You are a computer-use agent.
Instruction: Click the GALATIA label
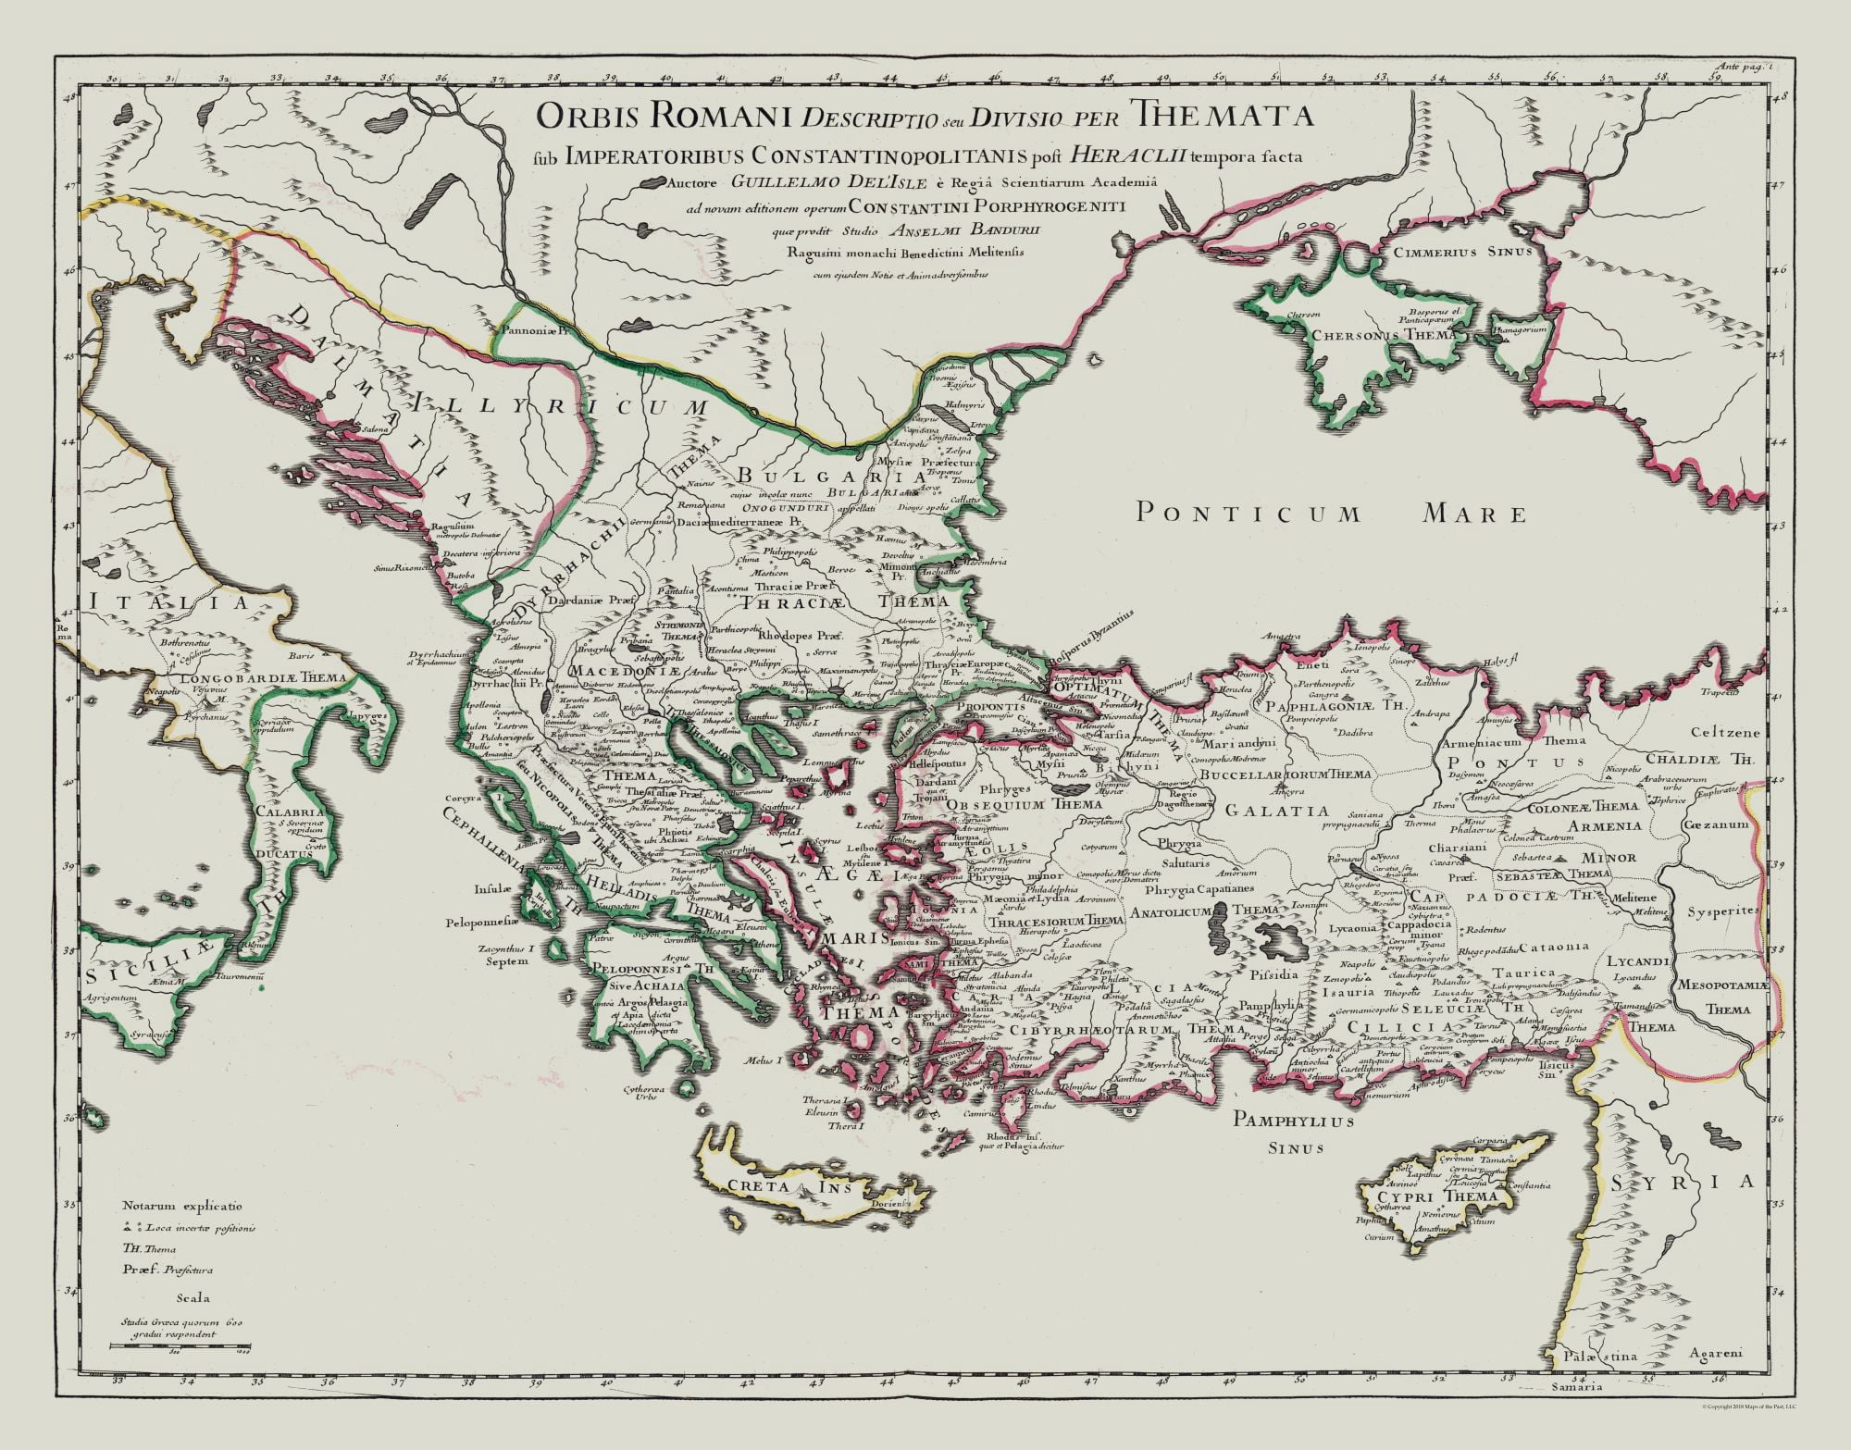1263,811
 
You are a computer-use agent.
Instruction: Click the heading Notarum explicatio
181,1206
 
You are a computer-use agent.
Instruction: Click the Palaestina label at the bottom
1601,1382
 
